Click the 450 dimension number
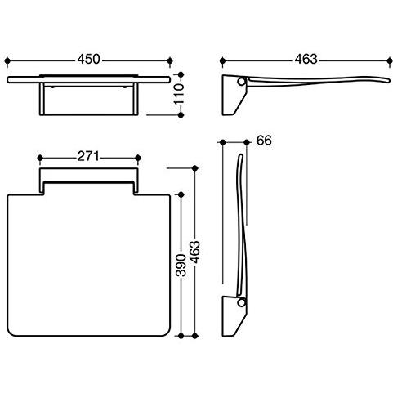[88, 60]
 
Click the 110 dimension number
[180, 95]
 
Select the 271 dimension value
[88, 157]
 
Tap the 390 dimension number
[181, 266]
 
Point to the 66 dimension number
[264, 141]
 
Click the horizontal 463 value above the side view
[306, 60]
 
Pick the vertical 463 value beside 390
[195, 252]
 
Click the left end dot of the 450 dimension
[7, 60]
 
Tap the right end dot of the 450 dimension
[170, 60]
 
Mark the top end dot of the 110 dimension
[181, 74]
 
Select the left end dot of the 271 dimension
[40, 158]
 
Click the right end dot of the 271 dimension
[138, 158]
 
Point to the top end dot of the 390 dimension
[181, 195]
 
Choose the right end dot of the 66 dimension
[247, 142]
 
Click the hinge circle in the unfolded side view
[241, 82]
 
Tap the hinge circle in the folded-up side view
[241, 302]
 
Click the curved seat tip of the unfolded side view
[388, 80]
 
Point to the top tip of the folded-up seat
[241, 155]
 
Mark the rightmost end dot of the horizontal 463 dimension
[390, 60]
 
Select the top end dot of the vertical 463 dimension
[194, 168]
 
